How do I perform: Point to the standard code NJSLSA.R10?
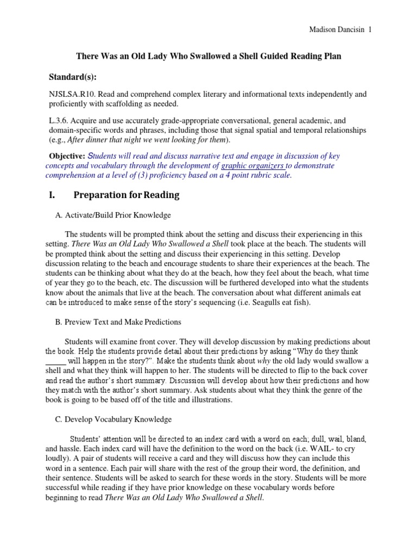click(x=72, y=95)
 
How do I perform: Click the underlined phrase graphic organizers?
click(x=253, y=166)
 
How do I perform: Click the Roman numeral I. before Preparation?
click(x=53, y=195)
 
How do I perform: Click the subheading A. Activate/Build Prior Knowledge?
click(x=113, y=215)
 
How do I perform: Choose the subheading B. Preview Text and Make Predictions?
click(x=118, y=322)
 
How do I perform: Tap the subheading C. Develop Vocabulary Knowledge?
click(x=113, y=419)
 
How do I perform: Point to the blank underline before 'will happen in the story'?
click(x=55, y=361)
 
